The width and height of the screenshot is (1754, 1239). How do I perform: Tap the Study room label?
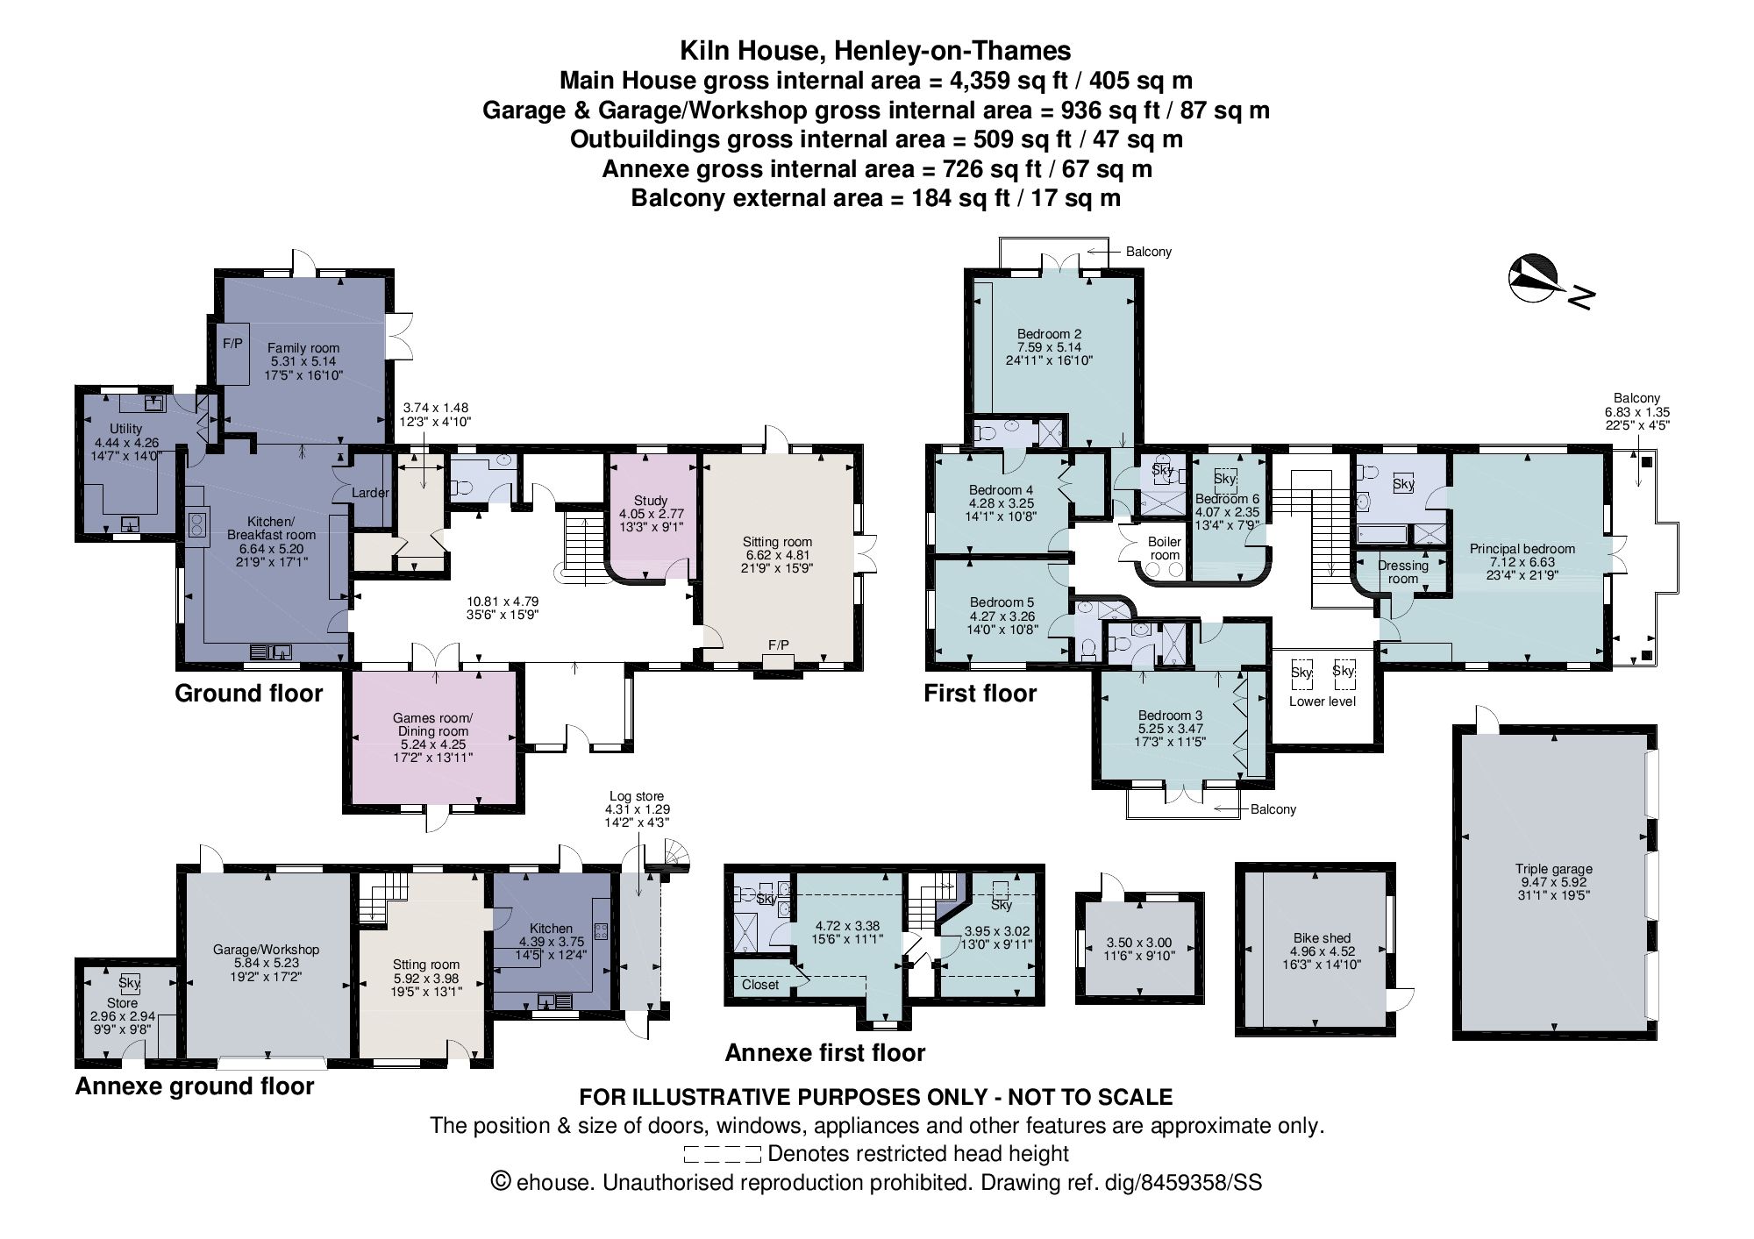[651, 501]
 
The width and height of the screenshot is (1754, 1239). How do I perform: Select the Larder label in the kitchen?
[370, 493]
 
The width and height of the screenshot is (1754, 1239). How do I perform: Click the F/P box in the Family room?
[232, 344]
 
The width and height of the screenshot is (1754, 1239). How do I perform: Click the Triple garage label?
[1553, 870]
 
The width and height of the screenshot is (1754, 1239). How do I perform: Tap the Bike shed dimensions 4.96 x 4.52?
[1322, 951]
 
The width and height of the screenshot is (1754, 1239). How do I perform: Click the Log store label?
[638, 796]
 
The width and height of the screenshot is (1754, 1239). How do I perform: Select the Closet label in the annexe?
[760, 985]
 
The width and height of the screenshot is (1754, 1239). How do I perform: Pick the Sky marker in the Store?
[130, 983]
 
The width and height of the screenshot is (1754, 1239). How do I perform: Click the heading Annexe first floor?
[824, 1052]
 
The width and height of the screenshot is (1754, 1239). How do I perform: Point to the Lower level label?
[1322, 701]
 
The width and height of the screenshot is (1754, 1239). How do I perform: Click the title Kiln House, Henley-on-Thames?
[875, 51]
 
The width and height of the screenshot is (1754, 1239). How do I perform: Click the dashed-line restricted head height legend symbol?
[721, 1154]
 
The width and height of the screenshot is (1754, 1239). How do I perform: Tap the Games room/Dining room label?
[432, 724]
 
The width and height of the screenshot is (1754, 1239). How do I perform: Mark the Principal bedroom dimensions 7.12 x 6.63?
[1522, 562]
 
